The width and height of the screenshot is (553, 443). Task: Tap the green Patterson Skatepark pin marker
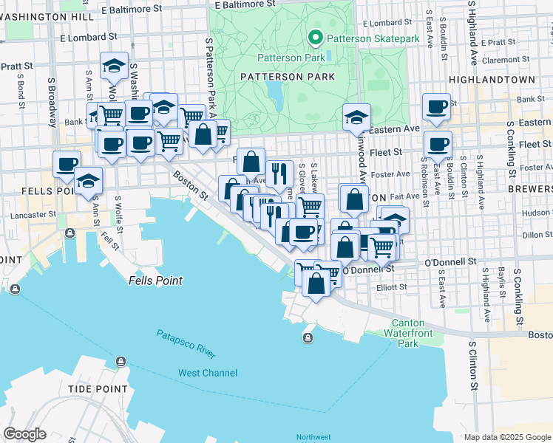tap(315, 38)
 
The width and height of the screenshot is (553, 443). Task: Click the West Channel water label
tap(208, 373)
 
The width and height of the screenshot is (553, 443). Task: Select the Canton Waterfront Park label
tap(415, 333)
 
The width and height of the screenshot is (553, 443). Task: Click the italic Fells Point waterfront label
tap(155, 281)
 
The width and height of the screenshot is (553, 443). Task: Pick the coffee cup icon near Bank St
tap(437, 106)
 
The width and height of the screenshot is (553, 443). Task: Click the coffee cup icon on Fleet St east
tap(438, 144)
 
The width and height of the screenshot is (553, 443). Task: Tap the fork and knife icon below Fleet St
tap(279, 174)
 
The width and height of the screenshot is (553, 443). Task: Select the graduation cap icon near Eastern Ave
tap(356, 117)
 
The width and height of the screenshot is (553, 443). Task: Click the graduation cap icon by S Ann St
tap(88, 180)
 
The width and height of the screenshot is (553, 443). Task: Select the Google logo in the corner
tap(24, 434)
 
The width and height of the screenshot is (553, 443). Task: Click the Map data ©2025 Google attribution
tap(507, 437)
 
